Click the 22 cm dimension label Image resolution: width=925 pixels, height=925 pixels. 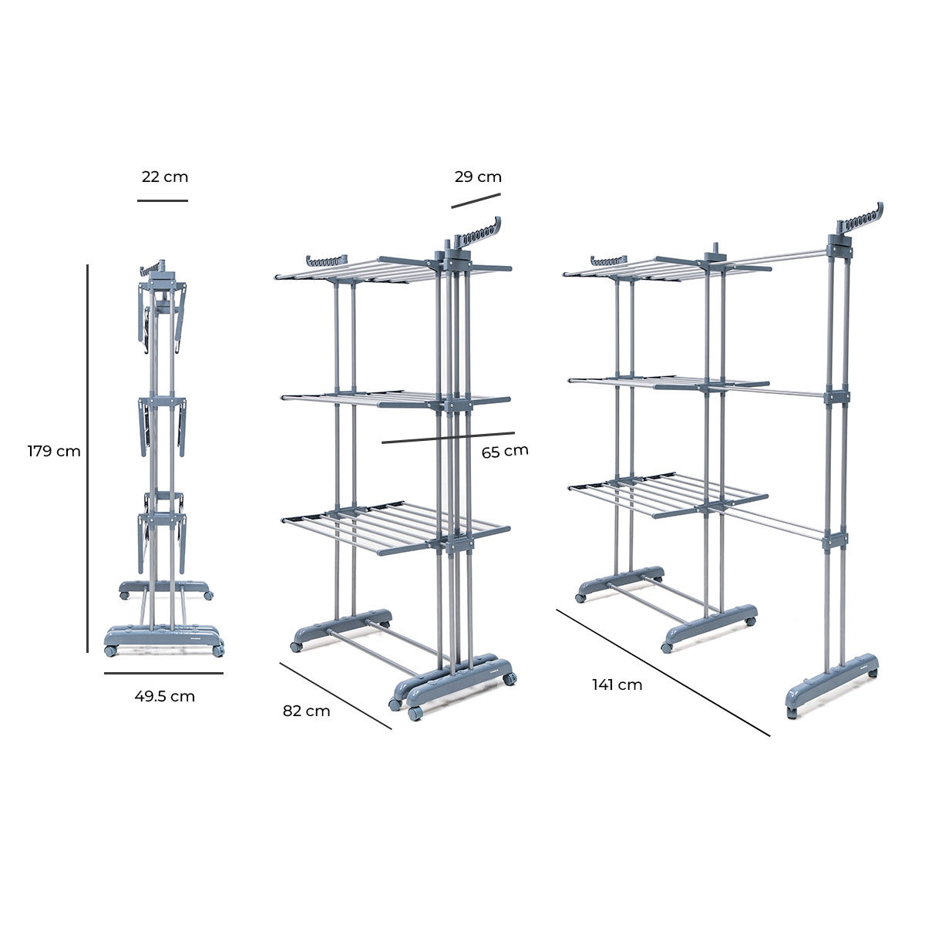pos(165,177)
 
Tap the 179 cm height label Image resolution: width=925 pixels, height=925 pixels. pos(54,452)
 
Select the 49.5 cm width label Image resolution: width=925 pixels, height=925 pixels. pos(164,697)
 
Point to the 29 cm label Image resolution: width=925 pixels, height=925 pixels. pos(478,177)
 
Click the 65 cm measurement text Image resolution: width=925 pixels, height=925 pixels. pos(505,452)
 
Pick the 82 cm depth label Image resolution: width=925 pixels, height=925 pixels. pos(306,711)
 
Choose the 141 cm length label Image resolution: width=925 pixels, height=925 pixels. pos(617,684)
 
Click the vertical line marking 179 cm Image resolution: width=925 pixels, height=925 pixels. pos(88,459)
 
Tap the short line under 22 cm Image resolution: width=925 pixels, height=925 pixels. pos(163,200)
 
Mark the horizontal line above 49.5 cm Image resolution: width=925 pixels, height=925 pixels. pos(163,673)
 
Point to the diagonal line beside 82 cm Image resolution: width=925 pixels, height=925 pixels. pos(335,695)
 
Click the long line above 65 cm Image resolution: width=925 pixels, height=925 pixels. pos(448,437)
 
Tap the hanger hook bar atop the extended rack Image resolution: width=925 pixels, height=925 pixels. pos(859,222)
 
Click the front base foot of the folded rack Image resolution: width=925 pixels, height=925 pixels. pos(163,640)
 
